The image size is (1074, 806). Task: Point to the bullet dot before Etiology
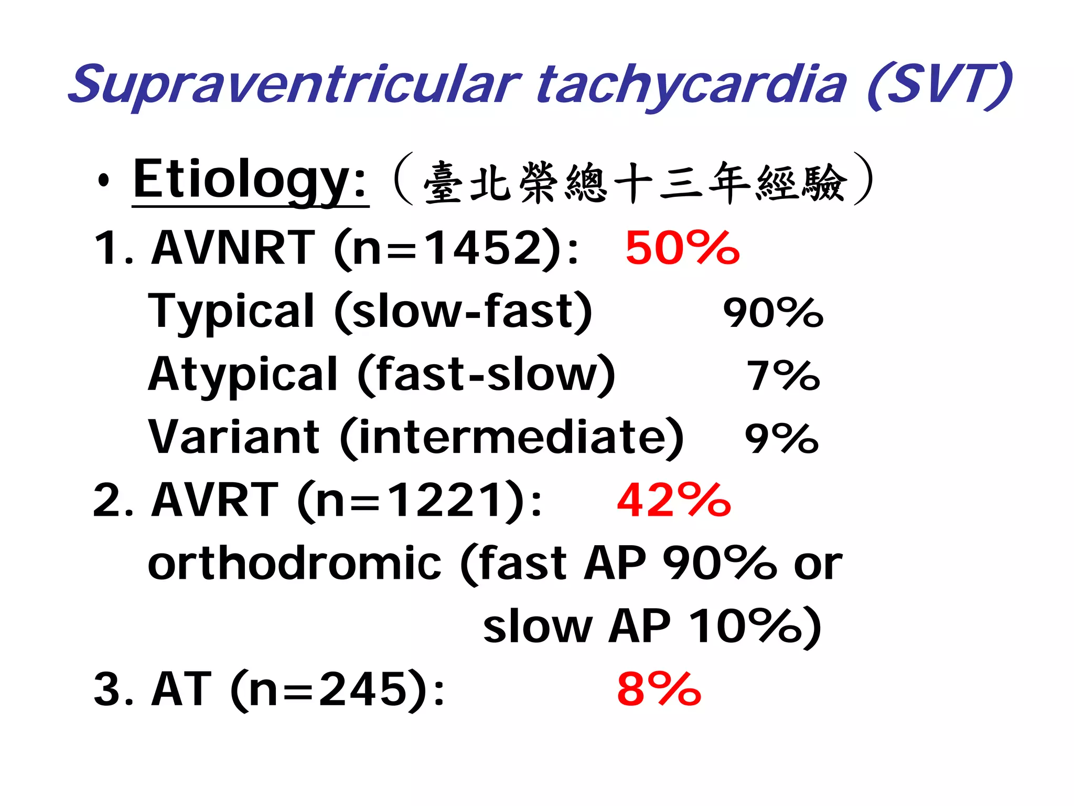click(104, 181)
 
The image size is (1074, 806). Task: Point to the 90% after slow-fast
click(773, 313)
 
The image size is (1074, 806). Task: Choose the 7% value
click(783, 376)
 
